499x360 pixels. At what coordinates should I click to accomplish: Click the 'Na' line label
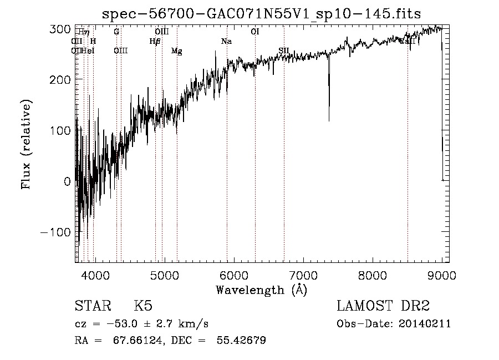[226, 42]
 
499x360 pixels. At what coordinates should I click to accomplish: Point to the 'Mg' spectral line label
[177, 51]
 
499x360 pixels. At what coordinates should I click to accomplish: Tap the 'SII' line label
[284, 51]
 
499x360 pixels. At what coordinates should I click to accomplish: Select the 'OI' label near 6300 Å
[255, 32]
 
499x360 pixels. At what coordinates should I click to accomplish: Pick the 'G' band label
[116, 32]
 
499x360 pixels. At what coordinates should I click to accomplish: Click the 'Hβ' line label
[155, 42]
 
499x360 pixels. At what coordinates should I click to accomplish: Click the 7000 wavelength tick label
[303, 275]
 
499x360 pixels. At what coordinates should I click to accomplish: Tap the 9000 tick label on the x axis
[441, 275]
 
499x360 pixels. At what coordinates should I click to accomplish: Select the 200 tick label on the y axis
[62, 80]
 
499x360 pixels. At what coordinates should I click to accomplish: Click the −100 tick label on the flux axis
[57, 232]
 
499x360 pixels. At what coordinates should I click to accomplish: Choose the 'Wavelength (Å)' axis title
[261, 290]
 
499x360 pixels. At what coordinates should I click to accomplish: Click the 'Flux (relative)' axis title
[27, 144]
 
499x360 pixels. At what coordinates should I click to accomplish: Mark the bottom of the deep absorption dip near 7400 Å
[329, 120]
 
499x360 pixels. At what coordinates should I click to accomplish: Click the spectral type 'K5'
[143, 306]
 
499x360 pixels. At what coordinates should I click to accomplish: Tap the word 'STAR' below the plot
[92, 306]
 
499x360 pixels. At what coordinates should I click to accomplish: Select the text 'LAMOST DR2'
[383, 306]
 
